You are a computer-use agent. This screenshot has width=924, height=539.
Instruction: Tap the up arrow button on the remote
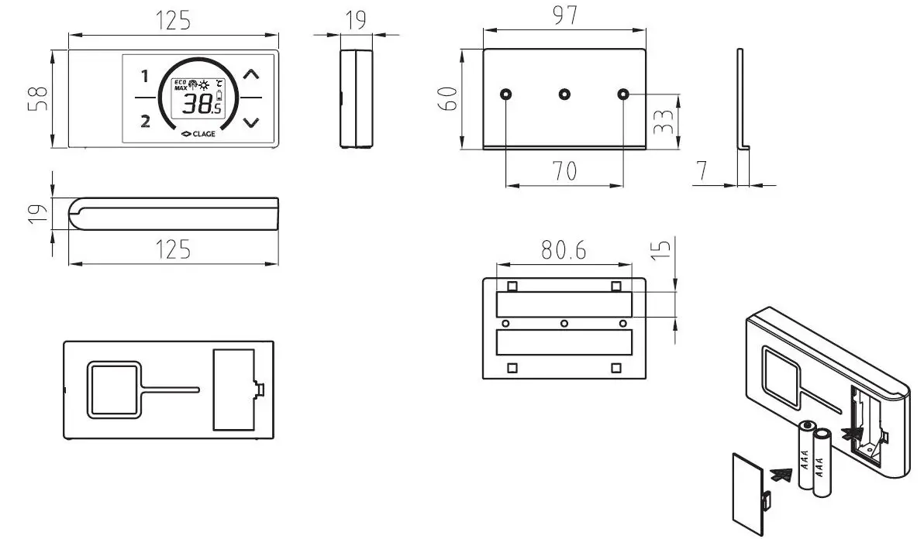(x=250, y=75)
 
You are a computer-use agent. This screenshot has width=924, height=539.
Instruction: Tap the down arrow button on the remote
(x=250, y=122)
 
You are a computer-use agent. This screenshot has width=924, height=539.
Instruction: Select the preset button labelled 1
(x=144, y=76)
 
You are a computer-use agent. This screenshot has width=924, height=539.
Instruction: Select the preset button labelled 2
(x=144, y=120)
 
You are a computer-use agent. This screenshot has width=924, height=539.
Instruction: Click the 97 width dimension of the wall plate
(x=565, y=15)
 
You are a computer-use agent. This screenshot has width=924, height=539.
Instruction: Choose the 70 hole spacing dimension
(x=565, y=170)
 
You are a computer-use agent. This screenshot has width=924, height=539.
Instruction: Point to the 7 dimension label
(x=701, y=172)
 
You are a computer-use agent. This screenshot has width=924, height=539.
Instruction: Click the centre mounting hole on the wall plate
(x=564, y=94)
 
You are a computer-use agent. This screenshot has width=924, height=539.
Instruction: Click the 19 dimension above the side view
(x=356, y=20)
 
